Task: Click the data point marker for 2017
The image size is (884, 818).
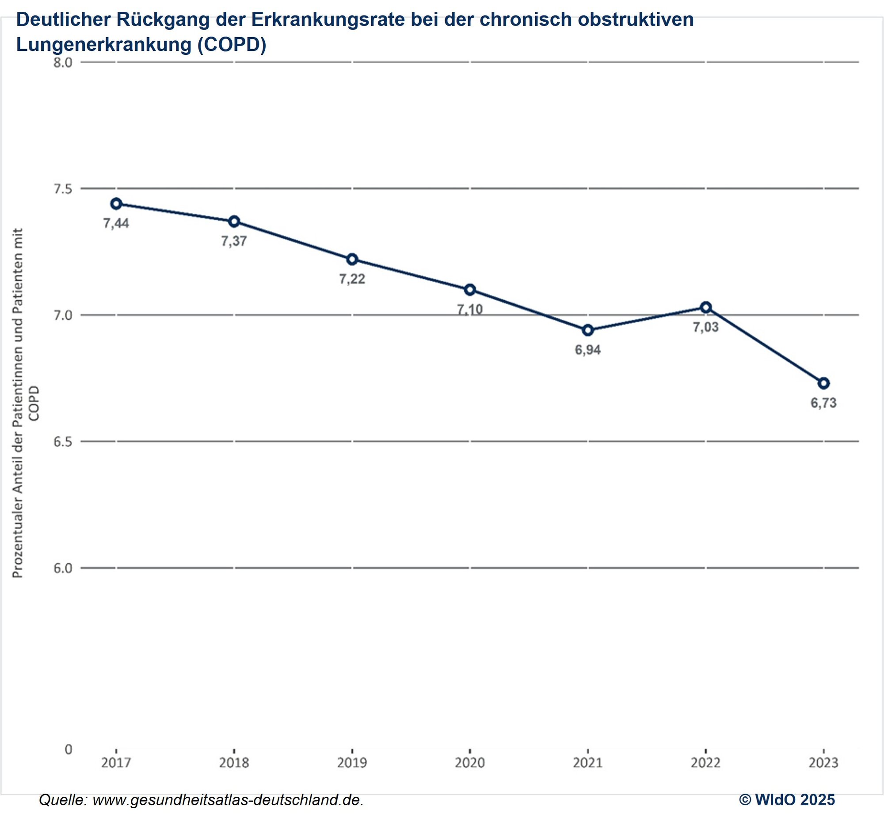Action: click(x=116, y=203)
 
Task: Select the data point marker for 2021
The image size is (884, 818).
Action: click(x=588, y=330)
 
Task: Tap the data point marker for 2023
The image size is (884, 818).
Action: click(x=823, y=383)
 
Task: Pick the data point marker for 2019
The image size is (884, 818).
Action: click(x=352, y=260)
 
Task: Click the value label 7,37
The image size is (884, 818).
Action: click(x=234, y=241)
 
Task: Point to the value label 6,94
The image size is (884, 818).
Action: click(x=587, y=350)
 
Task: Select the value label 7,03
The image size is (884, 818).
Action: click(x=706, y=327)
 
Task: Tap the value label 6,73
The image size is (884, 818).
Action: click(x=823, y=403)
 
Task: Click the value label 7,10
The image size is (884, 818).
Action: click(x=470, y=310)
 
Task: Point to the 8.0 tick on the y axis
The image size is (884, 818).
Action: click(x=63, y=62)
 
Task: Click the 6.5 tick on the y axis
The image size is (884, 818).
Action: click(x=63, y=442)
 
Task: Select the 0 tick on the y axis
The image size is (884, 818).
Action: click(x=68, y=749)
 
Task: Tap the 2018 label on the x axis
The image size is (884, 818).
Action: click(x=234, y=763)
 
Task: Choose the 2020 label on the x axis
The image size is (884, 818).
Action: click(x=470, y=763)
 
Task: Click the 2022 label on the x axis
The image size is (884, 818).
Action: click(x=706, y=763)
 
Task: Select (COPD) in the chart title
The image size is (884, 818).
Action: click(x=232, y=45)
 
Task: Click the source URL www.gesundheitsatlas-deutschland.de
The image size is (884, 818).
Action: click(x=228, y=799)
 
